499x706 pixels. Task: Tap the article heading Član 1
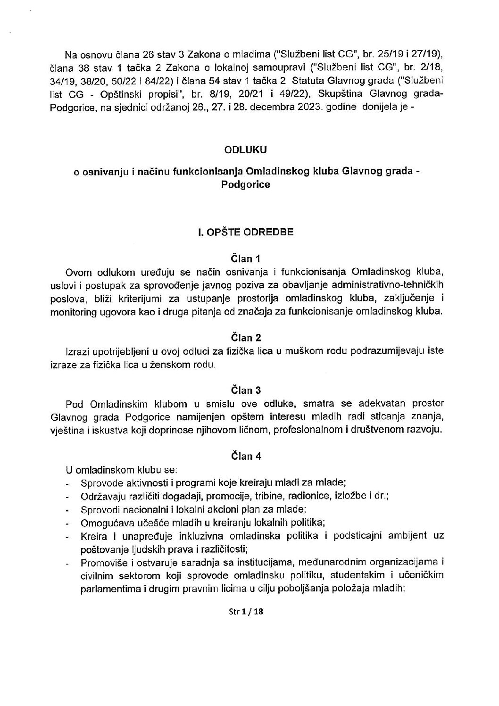(245, 258)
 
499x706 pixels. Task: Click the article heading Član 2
(245, 337)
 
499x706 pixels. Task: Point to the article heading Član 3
(245, 390)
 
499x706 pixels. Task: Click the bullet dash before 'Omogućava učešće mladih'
(69, 523)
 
